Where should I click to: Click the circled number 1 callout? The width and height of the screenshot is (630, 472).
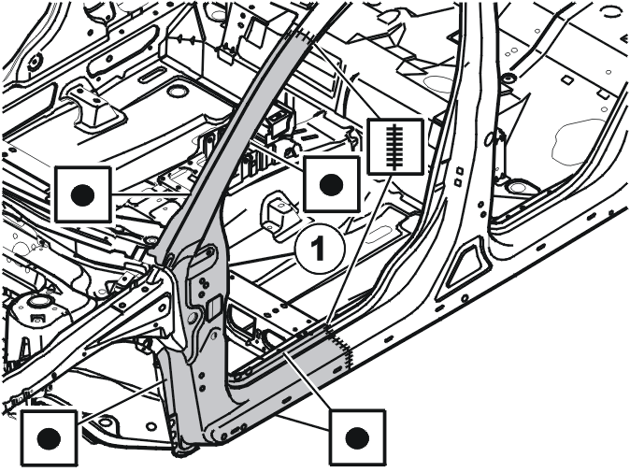[320, 249]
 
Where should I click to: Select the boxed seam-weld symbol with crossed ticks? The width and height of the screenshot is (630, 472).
[396, 147]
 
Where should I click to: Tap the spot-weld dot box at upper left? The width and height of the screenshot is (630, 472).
[83, 194]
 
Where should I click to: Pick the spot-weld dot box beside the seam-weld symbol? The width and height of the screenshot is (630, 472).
[332, 184]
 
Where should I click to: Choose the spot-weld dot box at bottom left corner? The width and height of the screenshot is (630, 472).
[49, 437]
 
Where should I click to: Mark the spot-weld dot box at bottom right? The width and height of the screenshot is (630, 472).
[358, 436]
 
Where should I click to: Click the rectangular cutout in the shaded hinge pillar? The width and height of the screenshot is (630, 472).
[213, 306]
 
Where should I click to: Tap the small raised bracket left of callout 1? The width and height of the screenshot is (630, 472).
[278, 210]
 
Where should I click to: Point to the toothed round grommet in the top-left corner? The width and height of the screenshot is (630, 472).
[35, 60]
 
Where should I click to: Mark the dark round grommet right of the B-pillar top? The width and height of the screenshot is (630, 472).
[508, 78]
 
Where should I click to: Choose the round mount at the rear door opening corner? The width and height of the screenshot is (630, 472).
[517, 187]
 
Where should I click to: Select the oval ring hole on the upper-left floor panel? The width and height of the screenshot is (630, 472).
[177, 92]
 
